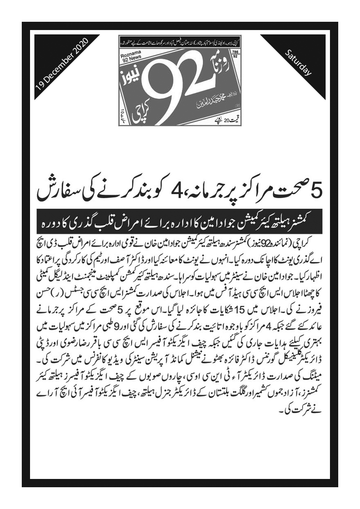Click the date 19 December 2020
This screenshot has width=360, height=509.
point(62,63)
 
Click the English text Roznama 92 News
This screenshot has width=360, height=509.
point(130,58)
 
